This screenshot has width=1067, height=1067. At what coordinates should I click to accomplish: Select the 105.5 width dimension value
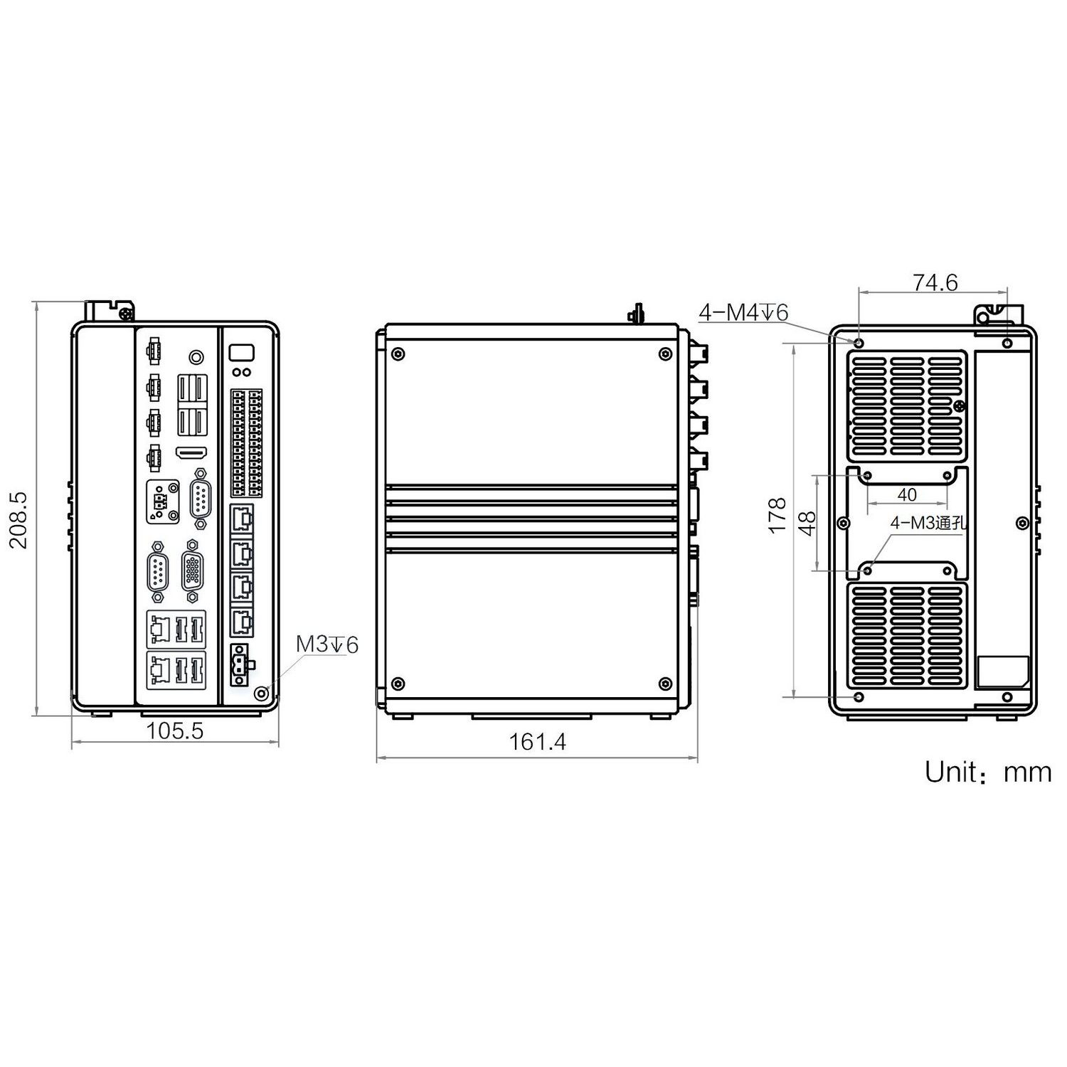(x=175, y=731)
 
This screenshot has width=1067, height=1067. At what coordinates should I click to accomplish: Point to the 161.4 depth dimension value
(x=537, y=742)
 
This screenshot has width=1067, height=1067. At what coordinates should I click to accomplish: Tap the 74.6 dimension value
(x=935, y=283)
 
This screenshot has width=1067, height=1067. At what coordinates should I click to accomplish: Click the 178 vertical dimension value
(x=777, y=516)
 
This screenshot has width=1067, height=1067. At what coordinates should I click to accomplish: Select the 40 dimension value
(x=907, y=494)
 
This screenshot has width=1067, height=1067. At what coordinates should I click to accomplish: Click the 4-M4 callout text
(x=743, y=312)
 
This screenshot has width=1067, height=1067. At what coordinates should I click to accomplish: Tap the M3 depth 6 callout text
(x=327, y=644)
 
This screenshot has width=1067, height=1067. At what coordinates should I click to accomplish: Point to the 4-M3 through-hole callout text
(x=928, y=523)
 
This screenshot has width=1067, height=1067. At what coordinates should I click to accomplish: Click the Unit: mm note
(x=987, y=772)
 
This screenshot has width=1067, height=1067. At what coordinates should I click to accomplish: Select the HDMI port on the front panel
(x=191, y=452)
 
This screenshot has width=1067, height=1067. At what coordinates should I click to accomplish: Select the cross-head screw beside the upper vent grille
(x=959, y=406)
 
